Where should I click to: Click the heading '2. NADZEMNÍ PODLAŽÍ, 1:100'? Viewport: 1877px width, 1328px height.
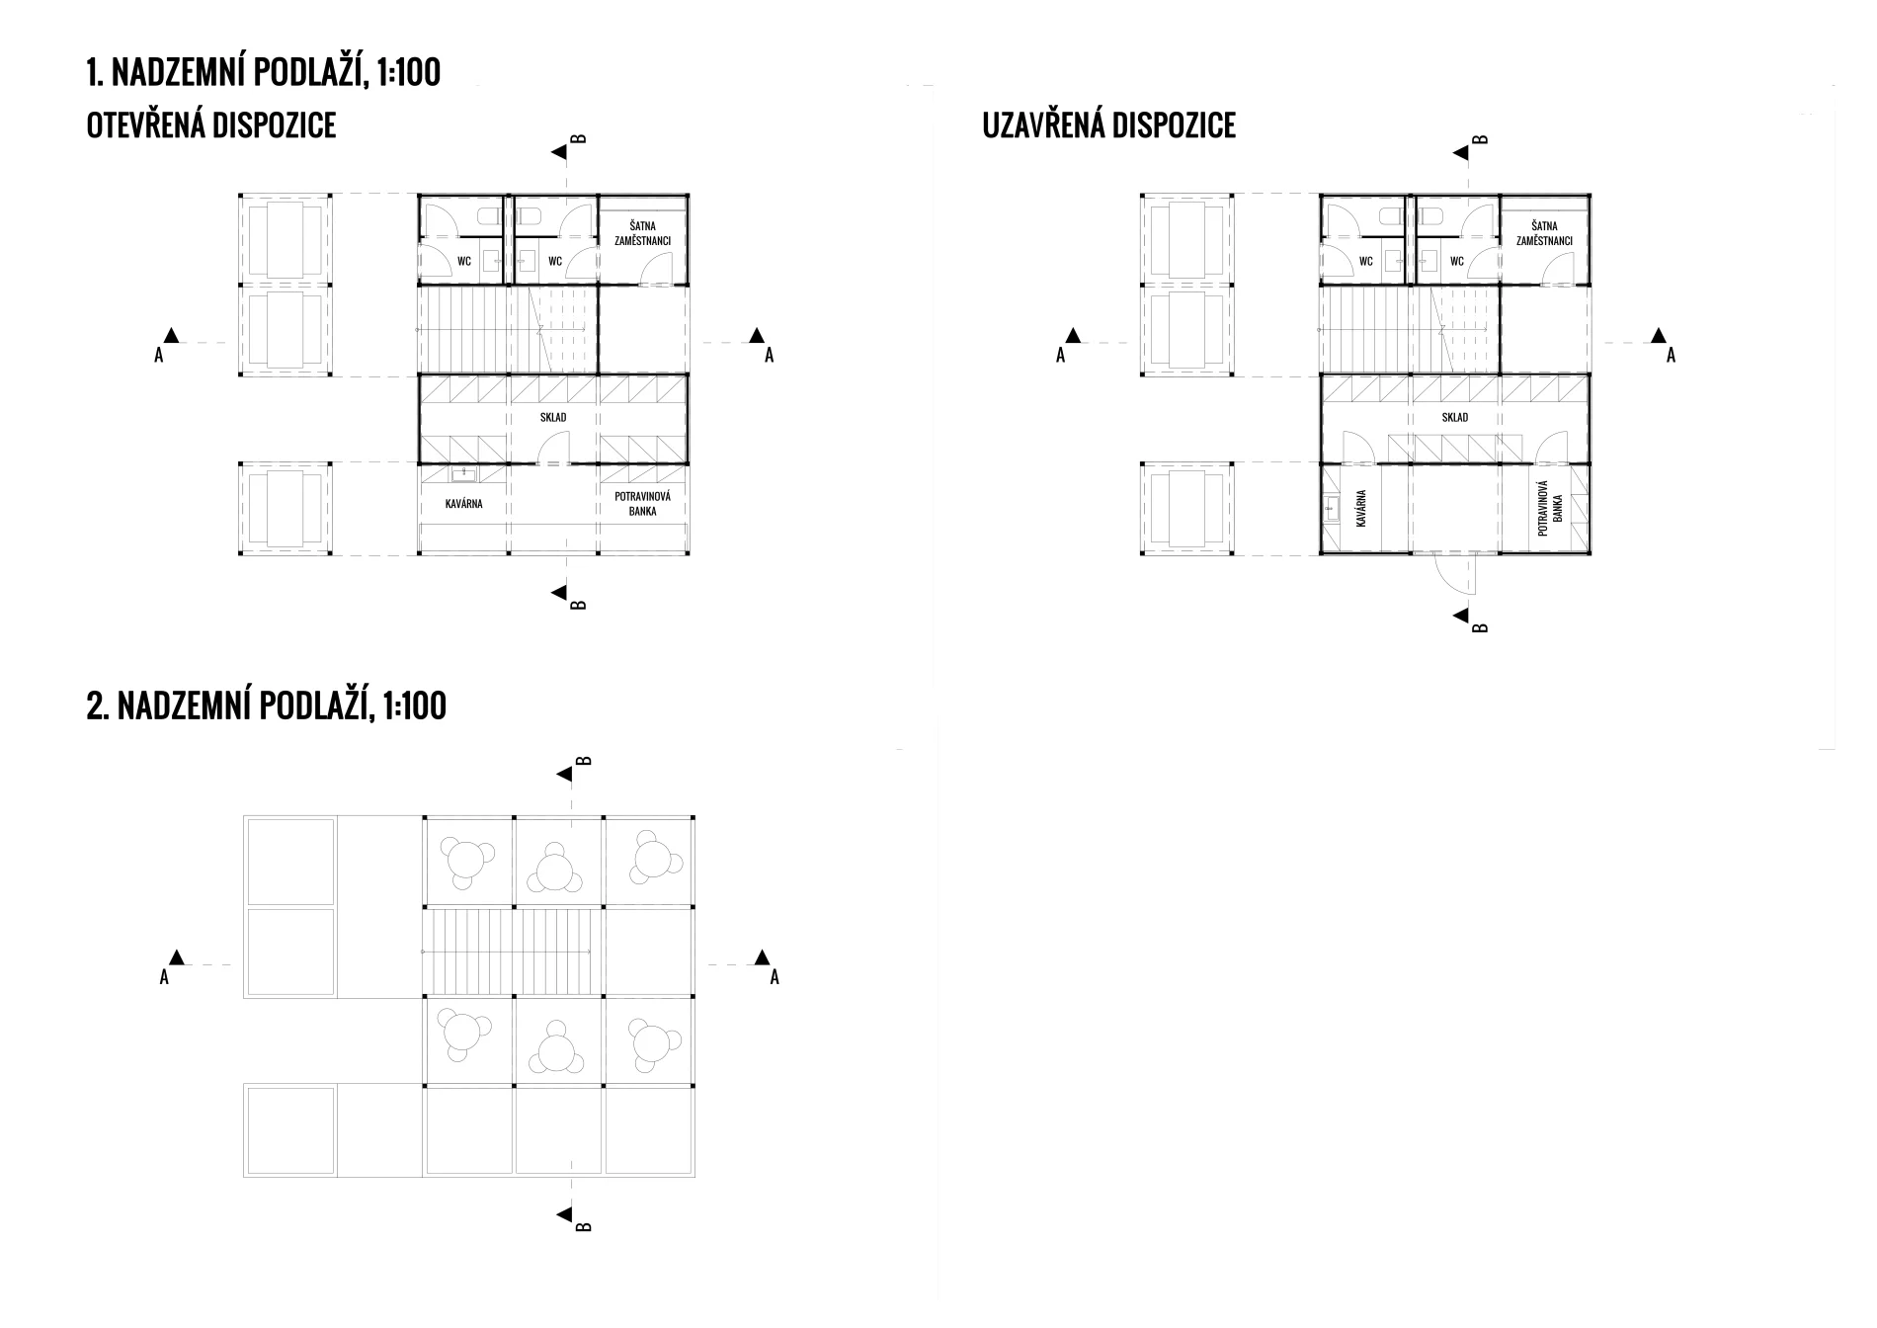pos(267,705)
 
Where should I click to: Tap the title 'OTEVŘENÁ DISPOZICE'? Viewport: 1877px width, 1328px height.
pos(211,125)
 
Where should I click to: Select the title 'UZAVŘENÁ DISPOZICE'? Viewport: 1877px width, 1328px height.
pos(1108,125)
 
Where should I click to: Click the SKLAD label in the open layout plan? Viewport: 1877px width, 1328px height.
pos(553,417)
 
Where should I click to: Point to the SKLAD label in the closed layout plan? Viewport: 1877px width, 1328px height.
pos(1455,417)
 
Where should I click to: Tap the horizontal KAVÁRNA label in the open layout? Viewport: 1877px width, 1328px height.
pos(463,504)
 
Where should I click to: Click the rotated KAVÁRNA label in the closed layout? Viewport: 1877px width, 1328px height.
pos(1361,508)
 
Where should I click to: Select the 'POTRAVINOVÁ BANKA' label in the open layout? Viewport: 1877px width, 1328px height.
pos(642,504)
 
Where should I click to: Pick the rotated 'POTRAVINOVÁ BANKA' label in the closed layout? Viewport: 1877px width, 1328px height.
pos(1550,508)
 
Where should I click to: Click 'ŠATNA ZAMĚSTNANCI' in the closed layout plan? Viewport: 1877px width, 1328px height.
pos(1544,233)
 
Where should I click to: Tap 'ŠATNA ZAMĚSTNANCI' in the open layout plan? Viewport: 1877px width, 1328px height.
pos(642,233)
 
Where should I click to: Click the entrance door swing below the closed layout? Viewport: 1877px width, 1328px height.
pos(1454,575)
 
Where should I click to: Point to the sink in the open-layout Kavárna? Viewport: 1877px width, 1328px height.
pos(464,475)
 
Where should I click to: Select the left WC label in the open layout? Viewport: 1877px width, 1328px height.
pos(463,262)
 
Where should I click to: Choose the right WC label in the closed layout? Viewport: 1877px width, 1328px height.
pos(1456,262)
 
